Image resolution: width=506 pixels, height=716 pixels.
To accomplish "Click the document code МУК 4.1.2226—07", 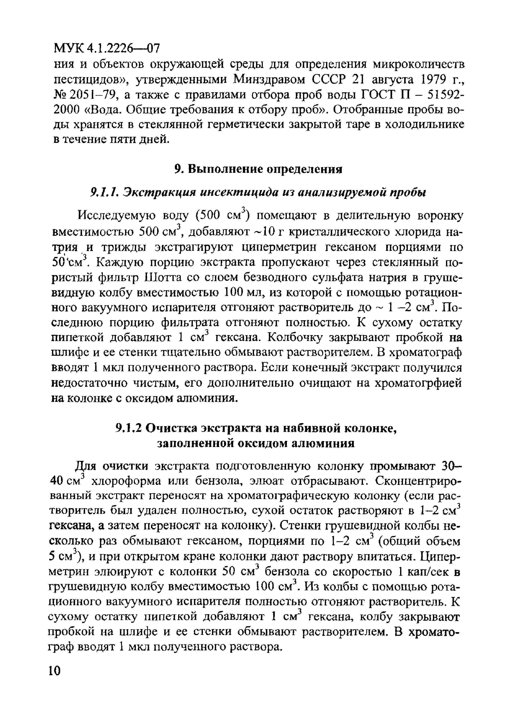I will (107, 48).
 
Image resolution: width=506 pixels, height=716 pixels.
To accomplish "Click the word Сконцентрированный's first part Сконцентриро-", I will (418, 490).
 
